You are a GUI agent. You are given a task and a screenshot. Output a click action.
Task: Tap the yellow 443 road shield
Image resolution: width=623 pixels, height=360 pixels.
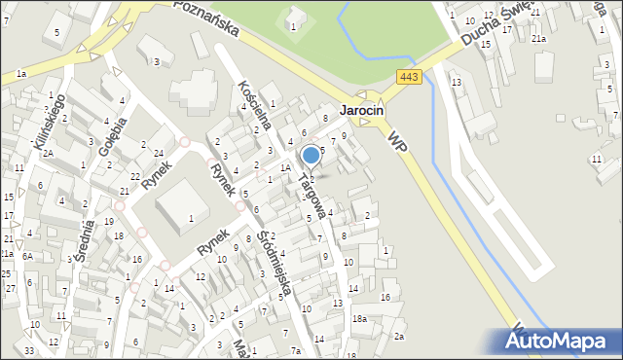409,77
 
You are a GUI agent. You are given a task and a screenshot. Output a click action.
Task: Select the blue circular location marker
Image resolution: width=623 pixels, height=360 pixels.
311,155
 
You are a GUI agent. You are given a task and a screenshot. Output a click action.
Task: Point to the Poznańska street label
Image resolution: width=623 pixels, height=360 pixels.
206,17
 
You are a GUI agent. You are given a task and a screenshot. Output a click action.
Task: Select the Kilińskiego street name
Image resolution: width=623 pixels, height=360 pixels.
50,127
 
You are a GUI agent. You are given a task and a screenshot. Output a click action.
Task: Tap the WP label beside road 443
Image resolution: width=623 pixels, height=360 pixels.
396,142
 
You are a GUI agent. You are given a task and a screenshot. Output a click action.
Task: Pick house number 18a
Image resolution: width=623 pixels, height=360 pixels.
359,319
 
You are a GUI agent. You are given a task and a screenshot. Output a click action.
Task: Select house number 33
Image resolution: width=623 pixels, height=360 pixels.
29,350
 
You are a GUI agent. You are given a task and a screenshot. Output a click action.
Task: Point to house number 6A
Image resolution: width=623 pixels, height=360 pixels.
28,256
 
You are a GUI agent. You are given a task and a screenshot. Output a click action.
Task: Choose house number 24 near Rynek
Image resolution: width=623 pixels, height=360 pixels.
158,153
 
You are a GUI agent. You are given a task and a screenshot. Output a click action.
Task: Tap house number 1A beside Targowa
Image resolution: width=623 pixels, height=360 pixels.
285,168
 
